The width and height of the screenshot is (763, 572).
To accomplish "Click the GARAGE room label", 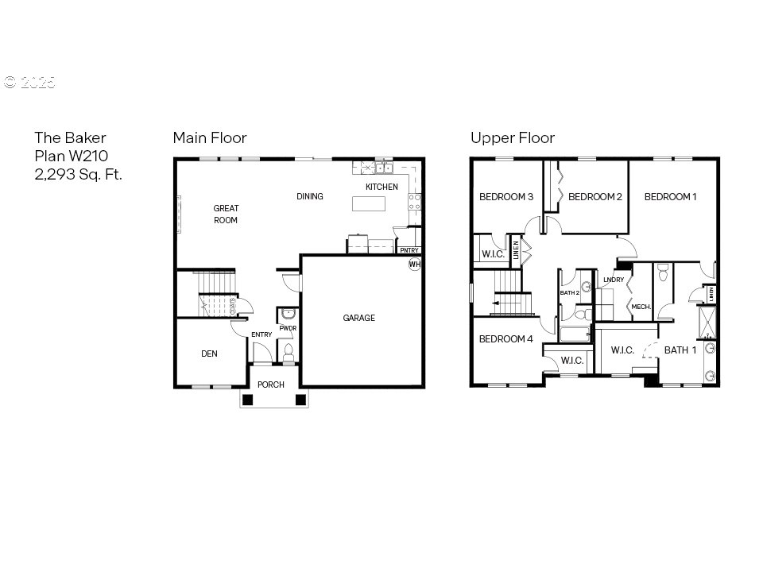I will [x=358, y=318].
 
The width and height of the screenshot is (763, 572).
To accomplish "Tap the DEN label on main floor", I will [x=209, y=354].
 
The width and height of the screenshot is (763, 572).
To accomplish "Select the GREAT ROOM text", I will [x=226, y=214].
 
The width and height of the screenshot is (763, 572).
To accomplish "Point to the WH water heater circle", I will [x=414, y=264].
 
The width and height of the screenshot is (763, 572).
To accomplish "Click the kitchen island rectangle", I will [x=369, y=203].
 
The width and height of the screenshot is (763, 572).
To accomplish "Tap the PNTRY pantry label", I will [x=409, y=250].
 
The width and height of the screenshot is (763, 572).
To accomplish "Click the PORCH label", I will [x=271, y=385].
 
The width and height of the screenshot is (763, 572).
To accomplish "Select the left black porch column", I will [x=248, y=400].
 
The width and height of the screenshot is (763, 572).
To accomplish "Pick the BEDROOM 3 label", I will [x=505, y=196].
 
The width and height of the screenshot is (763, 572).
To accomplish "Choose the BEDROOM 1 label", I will [x=670, y=196].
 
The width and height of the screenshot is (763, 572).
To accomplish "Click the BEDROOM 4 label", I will [x=505, y=339].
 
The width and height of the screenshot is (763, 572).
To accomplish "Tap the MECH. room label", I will [x=641, y=307].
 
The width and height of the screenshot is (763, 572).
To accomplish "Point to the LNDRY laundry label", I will [x=613, y=280].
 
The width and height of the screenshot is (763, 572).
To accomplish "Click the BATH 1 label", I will [x=680, y=350].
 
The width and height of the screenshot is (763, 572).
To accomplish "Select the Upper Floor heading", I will [x=512, y=138].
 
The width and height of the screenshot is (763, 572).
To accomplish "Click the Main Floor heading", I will [x=210, y=138].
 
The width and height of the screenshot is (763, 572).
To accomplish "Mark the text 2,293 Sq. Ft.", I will [x=78, y=174].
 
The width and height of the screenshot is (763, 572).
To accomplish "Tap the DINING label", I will [x=310, y=196].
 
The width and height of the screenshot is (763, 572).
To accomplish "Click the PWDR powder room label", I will [x=287, y=327].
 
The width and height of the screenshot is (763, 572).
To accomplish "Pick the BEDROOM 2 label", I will [x=595, y=196].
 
